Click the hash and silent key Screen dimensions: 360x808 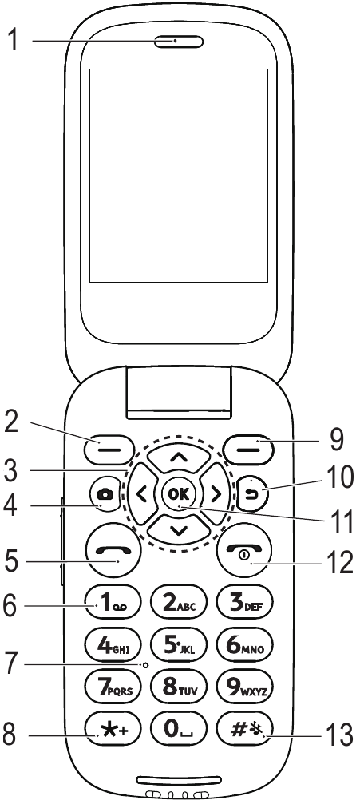point(244,731)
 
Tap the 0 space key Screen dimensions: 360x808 point(178,731)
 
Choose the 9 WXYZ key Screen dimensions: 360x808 point(244,689)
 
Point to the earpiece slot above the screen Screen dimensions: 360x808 point(178,42)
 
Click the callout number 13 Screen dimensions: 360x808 point(341,735)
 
